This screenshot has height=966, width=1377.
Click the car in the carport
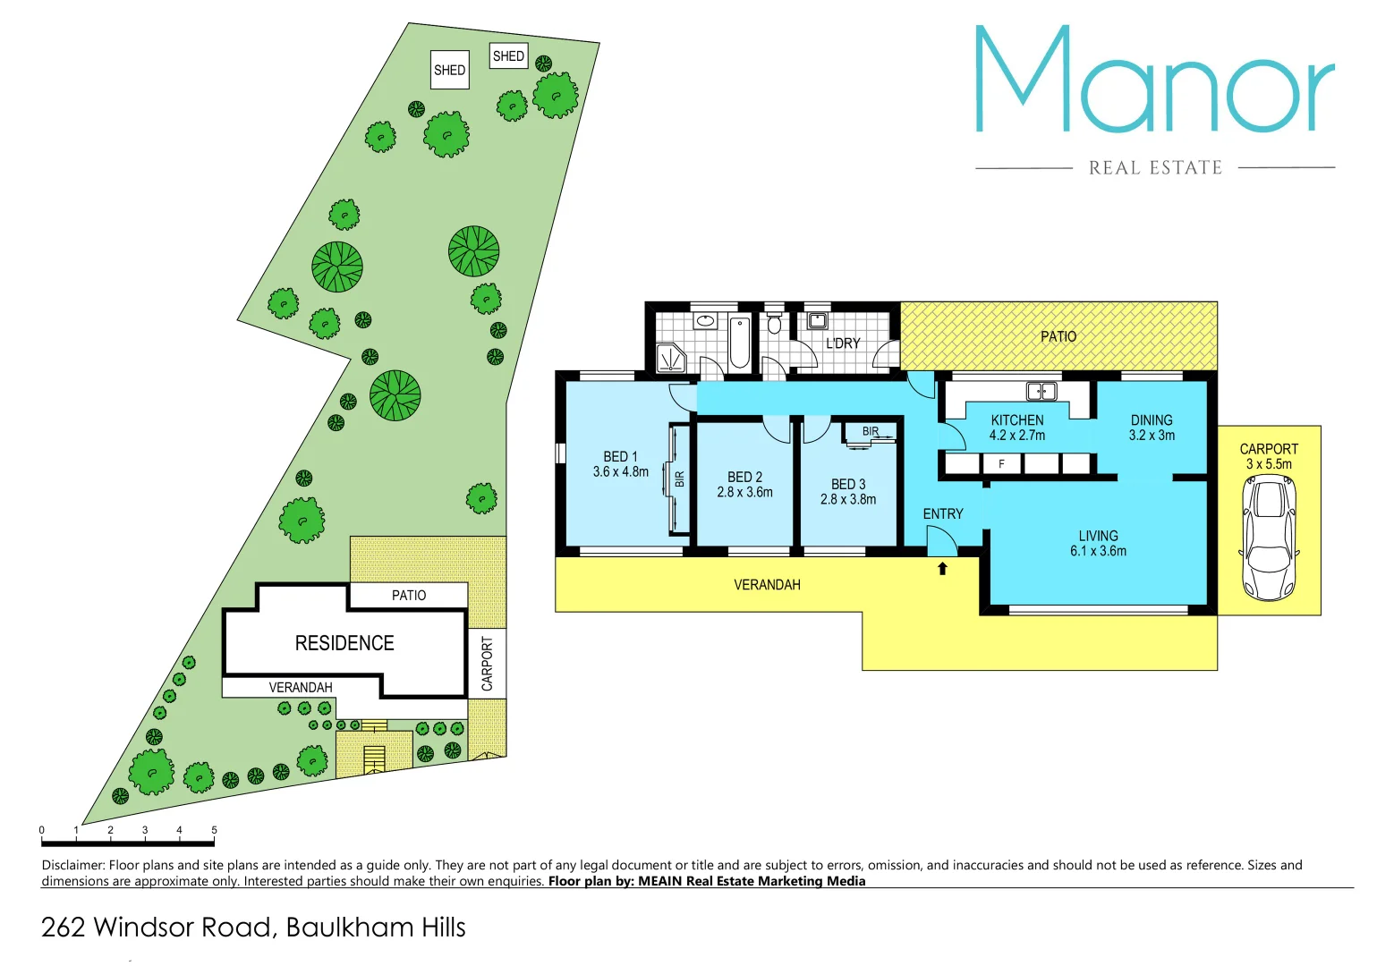(1269, 538)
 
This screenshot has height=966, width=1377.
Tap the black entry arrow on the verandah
(942, 568)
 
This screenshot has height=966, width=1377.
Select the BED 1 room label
(620, 456)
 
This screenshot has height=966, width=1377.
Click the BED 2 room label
(744, 477)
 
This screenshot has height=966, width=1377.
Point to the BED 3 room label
(848, 484)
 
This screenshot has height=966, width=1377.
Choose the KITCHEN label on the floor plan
(1017, 419)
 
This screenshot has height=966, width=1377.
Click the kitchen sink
(1041, 391)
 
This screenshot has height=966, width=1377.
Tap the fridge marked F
(1001, 463)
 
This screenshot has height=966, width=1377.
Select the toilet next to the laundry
(774, 323)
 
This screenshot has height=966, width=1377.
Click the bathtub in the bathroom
(740, 343)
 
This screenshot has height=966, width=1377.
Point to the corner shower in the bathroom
(671, 358)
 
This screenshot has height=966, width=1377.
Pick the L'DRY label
(843, 343)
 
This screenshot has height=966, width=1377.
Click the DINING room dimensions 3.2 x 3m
(1152, 436)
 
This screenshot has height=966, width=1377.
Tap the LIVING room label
(1098, 536)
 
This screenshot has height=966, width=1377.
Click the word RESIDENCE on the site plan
(344, 643)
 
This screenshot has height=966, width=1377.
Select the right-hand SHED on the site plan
(508, 56)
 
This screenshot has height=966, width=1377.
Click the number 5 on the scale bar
(214, 830)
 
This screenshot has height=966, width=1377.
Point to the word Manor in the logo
(1154, 80)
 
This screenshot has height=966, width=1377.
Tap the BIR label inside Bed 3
(871, 431)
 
